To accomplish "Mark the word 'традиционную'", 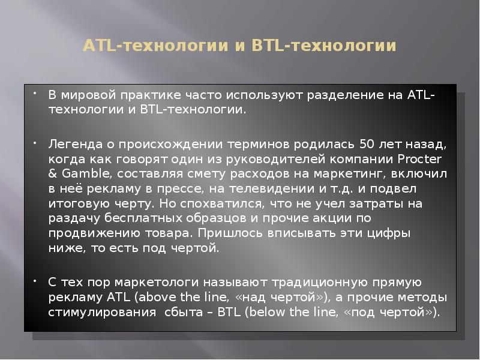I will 315,282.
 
